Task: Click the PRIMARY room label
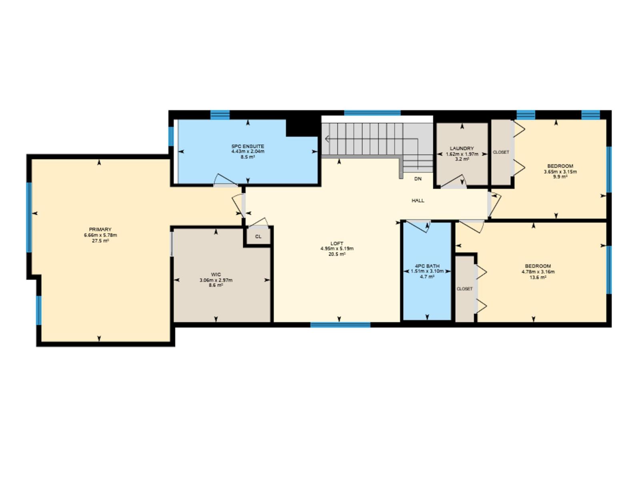click(100, 230)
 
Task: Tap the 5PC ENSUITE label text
click(248, 146)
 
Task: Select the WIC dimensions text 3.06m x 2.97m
click(216, 280)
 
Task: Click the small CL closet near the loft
click(258, 236)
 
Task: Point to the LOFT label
click(337, 243)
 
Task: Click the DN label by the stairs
click(418, 179)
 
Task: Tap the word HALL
click(418, 200)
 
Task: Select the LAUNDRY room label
click(462, 148)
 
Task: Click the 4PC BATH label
click(427, 266)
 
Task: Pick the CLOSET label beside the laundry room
click(501, 152)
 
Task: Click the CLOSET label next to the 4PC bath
click(464, 289)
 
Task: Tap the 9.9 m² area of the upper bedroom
click(560, 176)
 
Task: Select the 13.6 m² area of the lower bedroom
click(538, 277)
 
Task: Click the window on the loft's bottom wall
click(340, 325)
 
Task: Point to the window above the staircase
click(372, 113)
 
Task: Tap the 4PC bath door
click(418, 226)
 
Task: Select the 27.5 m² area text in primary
click(100, 241)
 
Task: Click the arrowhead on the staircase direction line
click(327, 139)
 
